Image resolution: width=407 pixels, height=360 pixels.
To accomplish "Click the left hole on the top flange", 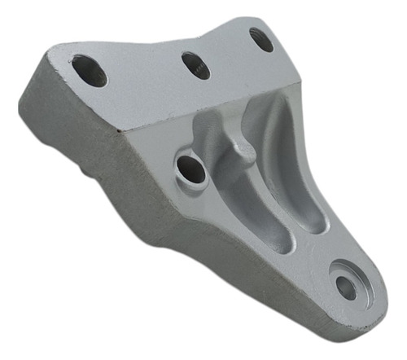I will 90,70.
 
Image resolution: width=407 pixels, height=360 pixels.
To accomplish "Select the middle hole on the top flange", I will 195,65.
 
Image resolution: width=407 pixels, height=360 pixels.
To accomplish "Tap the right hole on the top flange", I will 261,39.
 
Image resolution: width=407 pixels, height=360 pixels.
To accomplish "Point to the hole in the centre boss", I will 191,169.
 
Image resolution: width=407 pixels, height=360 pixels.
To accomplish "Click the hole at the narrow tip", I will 346,288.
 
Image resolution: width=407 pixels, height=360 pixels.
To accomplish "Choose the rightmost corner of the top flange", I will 300,77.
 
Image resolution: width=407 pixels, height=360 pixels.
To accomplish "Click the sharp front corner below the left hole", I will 120,131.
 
